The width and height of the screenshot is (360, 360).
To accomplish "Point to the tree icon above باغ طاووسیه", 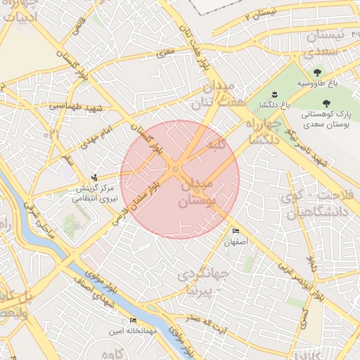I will (x=318, y=72).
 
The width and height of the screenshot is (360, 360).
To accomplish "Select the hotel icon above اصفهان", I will (x=236, y=231).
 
